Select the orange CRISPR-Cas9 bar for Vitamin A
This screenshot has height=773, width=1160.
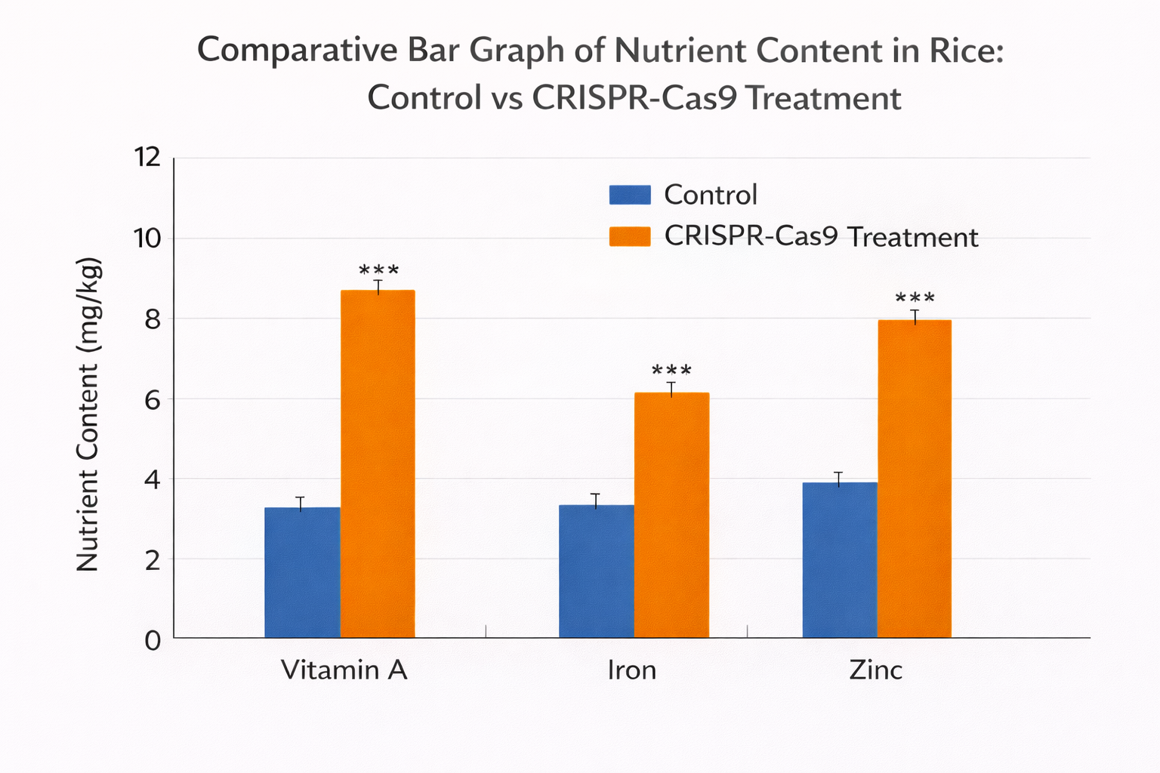coord(378,463)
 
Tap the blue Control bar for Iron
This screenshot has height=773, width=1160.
coord(596,571)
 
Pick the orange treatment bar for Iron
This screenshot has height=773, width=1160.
coord(671,515)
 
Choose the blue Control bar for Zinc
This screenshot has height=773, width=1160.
coord(839,560)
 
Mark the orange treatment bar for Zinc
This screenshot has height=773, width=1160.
coord(914,479)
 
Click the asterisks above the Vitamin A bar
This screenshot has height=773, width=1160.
coord(378,270)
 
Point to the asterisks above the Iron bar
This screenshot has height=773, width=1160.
coord(671,371)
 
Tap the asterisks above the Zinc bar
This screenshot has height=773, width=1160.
coord(915,298)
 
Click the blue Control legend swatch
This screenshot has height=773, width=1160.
coord(630,195)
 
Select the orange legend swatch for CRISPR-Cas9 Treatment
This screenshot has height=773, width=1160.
coord(630,236)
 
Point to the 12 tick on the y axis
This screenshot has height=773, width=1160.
coord(147,158)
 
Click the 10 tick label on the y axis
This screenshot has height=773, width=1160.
coord(147,239)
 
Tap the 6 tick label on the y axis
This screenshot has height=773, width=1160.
coord(153,399)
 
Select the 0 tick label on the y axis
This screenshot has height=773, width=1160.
coord(153,640)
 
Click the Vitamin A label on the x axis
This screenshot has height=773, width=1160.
coord(344,670)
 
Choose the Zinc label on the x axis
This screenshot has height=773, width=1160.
coord(876,670)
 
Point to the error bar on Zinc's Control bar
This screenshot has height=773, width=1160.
coord(838,479)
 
